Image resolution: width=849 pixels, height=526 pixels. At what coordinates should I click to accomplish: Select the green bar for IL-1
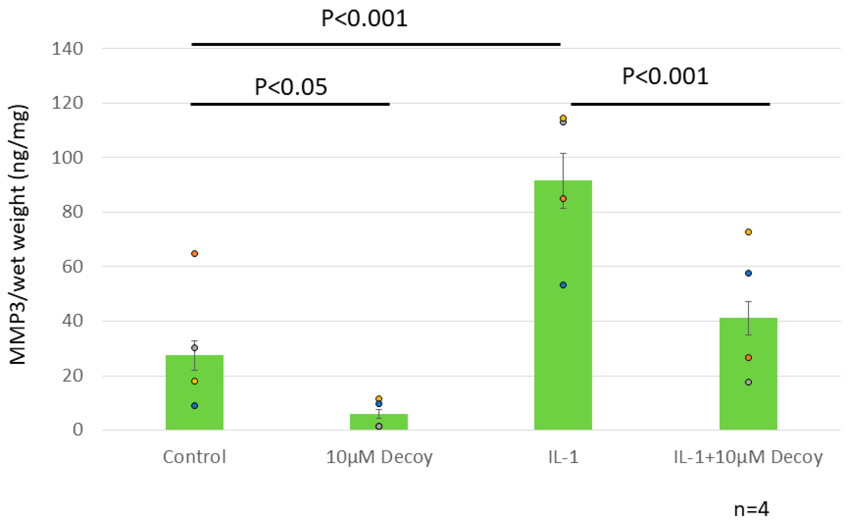[x=562, y=312]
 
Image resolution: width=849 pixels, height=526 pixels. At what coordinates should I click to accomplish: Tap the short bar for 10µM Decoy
[x=379, y=422]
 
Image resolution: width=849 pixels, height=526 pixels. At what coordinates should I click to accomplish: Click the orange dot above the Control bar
[x=195, y=253]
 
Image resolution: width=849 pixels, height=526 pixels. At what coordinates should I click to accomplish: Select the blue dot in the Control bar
[x=195, y=406]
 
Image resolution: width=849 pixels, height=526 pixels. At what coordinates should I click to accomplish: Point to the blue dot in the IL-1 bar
[x=563, y=285]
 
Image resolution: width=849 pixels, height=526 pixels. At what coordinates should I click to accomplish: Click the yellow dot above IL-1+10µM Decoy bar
[x=748, y=232]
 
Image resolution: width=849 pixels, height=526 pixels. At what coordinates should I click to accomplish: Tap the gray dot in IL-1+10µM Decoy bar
[x=748, y=382]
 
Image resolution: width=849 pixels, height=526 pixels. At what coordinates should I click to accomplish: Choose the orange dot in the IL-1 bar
[x=563, y=198]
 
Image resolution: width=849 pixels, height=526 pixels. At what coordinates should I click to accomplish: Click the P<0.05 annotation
[x=290, y=87]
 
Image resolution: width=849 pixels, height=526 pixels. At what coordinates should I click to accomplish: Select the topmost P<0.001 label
[x=364, y=18]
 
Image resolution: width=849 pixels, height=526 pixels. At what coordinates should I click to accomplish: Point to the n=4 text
[x=751, y=509]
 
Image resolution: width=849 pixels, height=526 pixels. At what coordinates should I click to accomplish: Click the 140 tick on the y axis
[x=67, y=49]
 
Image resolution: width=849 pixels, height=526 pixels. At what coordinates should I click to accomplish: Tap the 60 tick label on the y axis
[x=73, y=267]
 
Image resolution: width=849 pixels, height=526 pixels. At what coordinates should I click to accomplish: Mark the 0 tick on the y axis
[x=78, y=430]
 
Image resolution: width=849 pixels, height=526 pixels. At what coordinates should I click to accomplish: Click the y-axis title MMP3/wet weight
[x=18, y=234]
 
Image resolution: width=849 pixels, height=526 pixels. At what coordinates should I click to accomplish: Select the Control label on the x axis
[x=194, y=457]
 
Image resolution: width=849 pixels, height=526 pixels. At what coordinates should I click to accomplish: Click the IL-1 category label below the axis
[x=563, y=457]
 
